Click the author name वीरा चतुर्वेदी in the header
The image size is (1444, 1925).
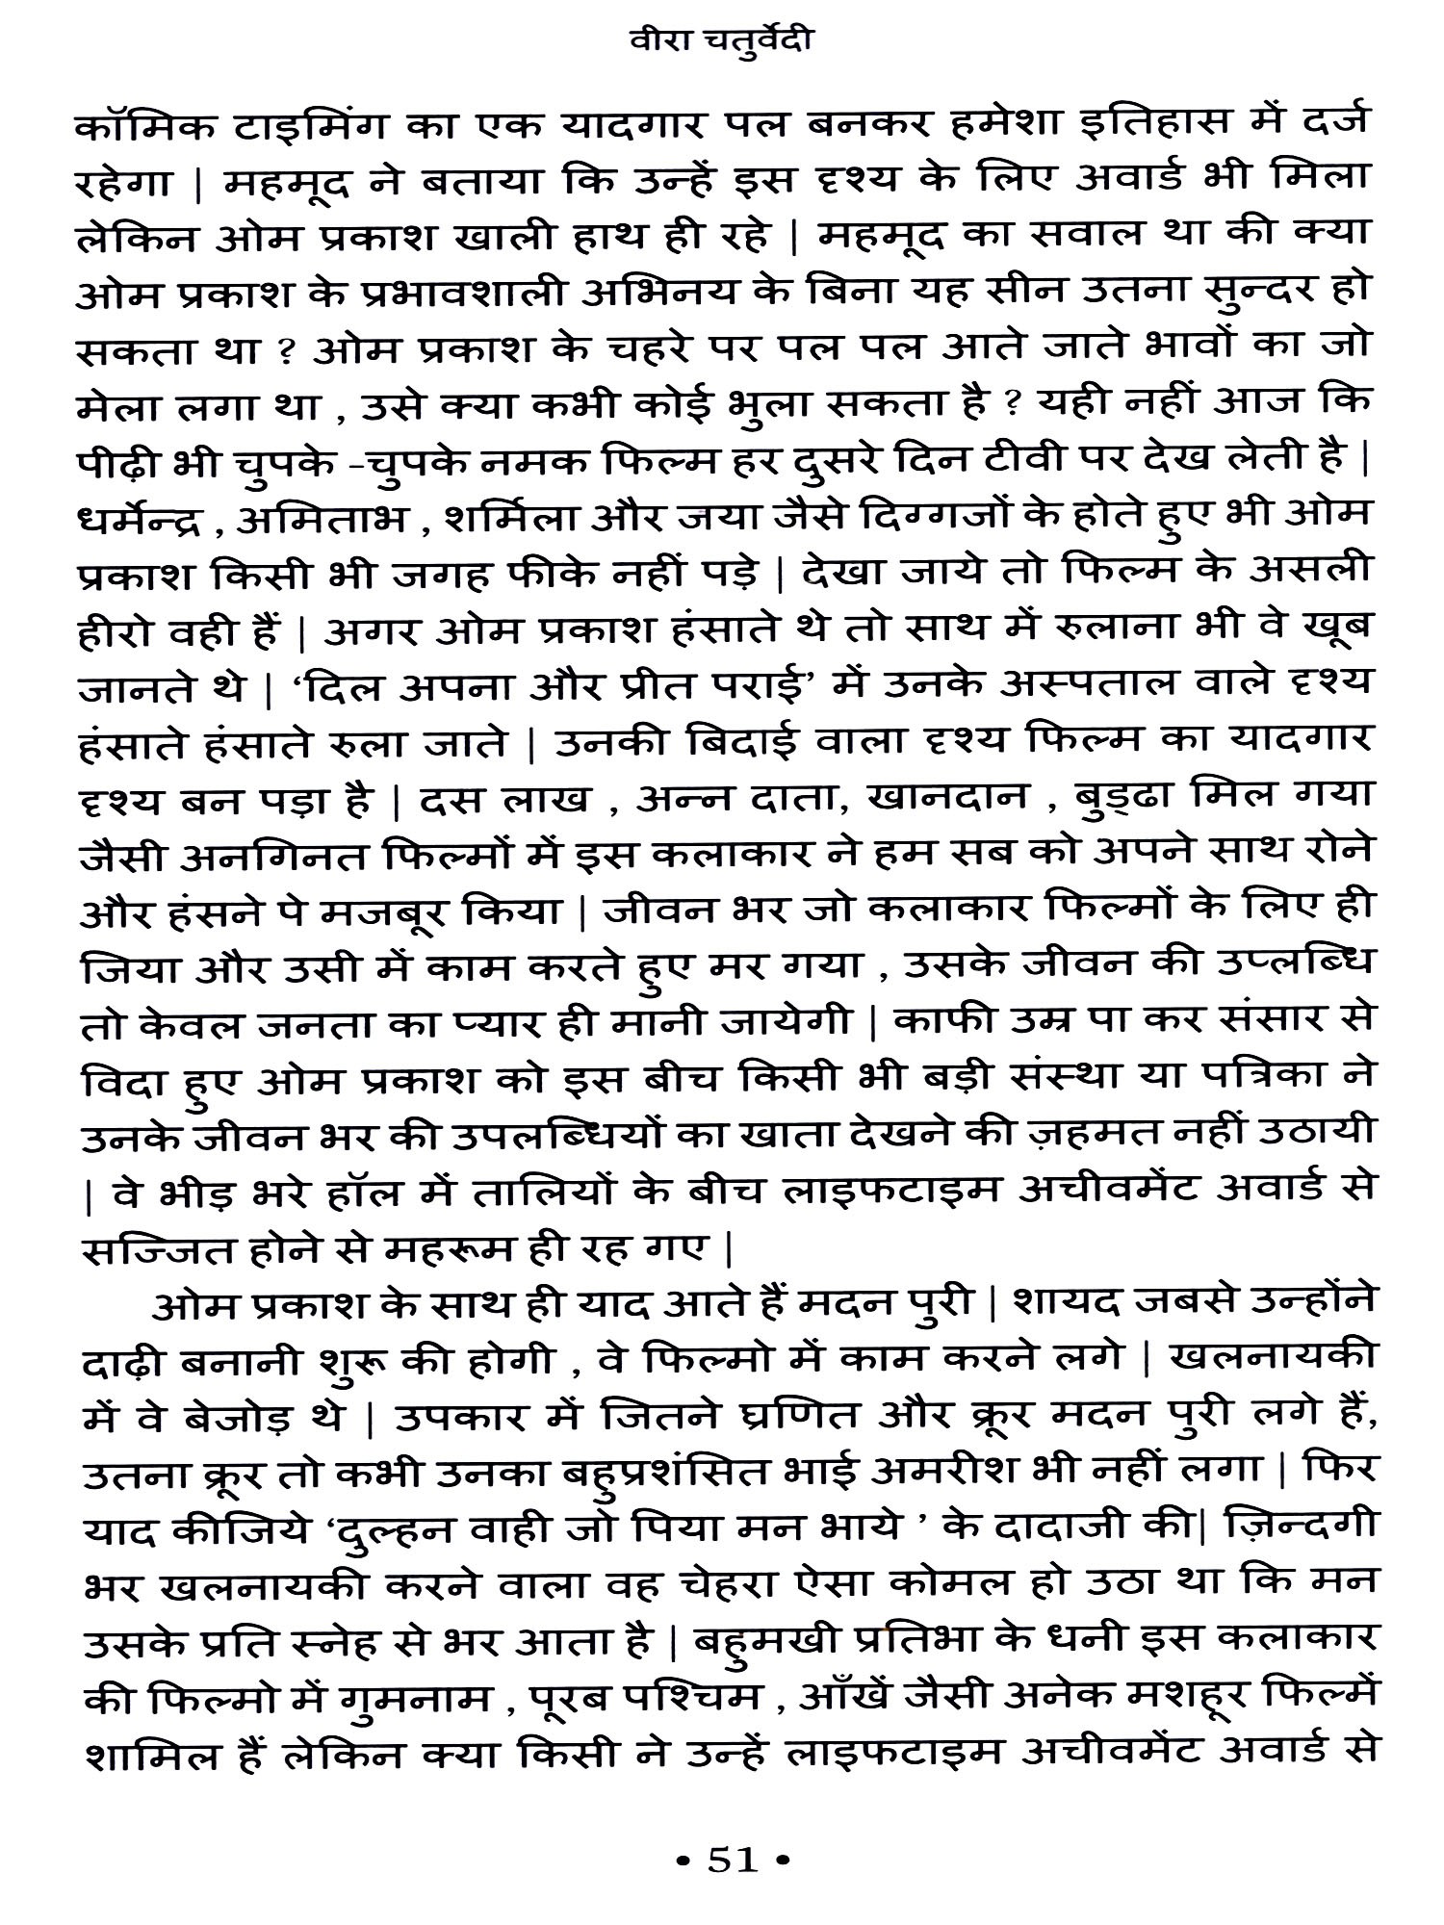pos(720,44)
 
